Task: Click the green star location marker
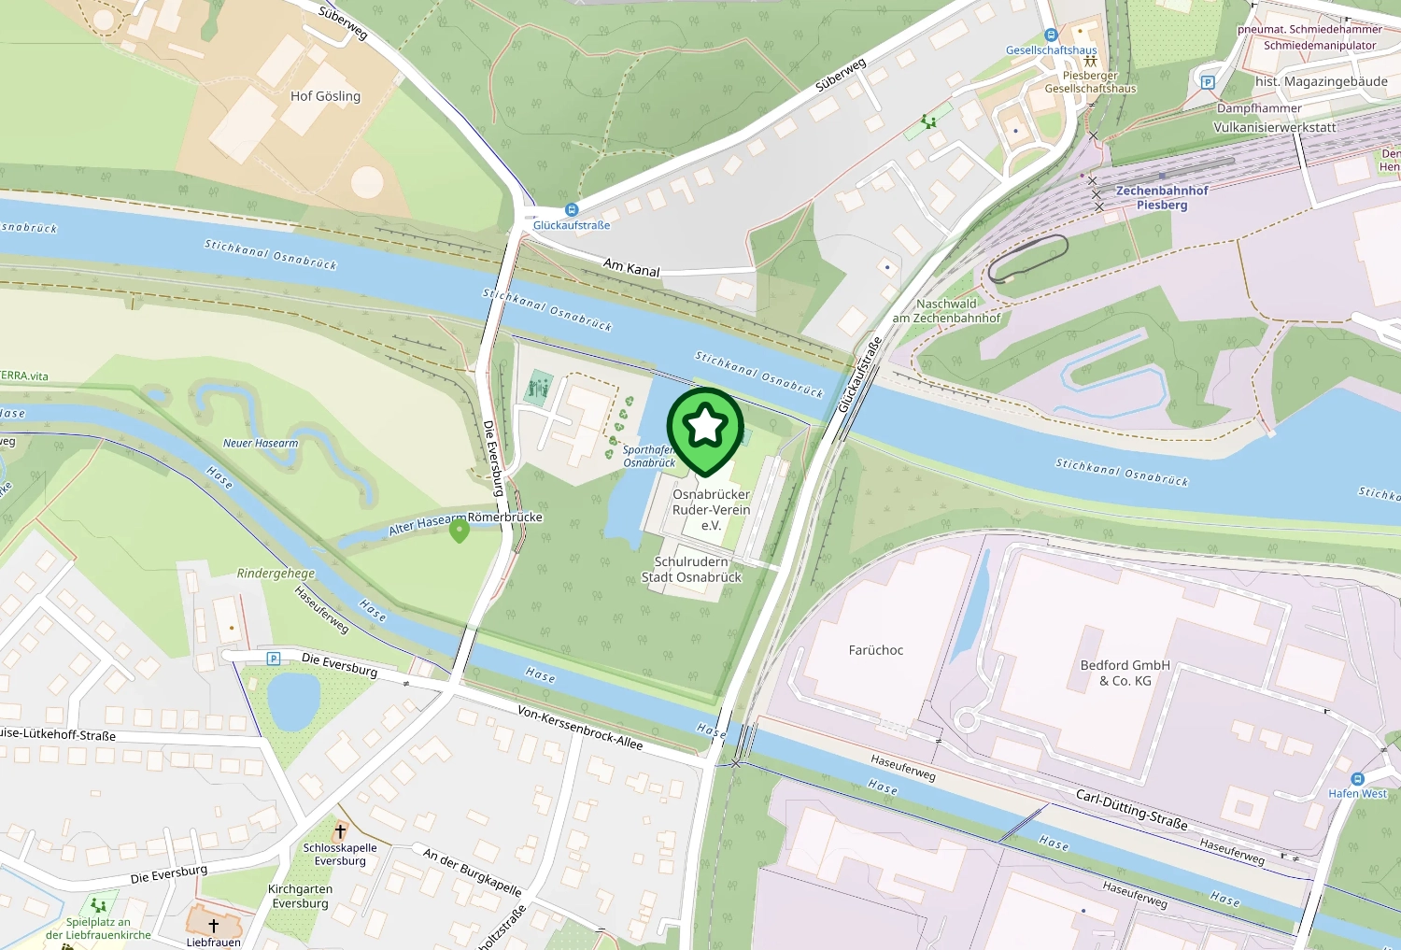(x=705, y=429)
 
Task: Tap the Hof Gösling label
(x=325, y=96)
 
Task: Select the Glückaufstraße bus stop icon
(x=572, y=210)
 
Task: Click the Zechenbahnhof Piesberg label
(x=1162, y=197)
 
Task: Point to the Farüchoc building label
(x=876, y=650)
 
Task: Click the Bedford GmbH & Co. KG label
(x=1125, y=673)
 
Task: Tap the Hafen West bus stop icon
(x=1358, y=779)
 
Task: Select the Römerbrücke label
(x=505, y=517)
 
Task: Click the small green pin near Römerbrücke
(x=459, y=531)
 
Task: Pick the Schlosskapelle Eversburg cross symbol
(x=340, y=831)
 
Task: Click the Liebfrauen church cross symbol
(x=214, y=926)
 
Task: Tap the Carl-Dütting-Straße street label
(x=1132, y=809)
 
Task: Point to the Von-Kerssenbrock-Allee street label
(x=580, y=727)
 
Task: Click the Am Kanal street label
(x=631, y=268)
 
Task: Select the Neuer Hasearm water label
(x=261, y=443)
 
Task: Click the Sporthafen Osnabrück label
(x=649, y=456)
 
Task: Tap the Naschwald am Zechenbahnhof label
(x=946, y=311)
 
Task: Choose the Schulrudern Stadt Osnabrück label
(x=691, y=569)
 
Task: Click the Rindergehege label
(x=276, y=574)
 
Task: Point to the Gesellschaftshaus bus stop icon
(x=1051, y=35)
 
